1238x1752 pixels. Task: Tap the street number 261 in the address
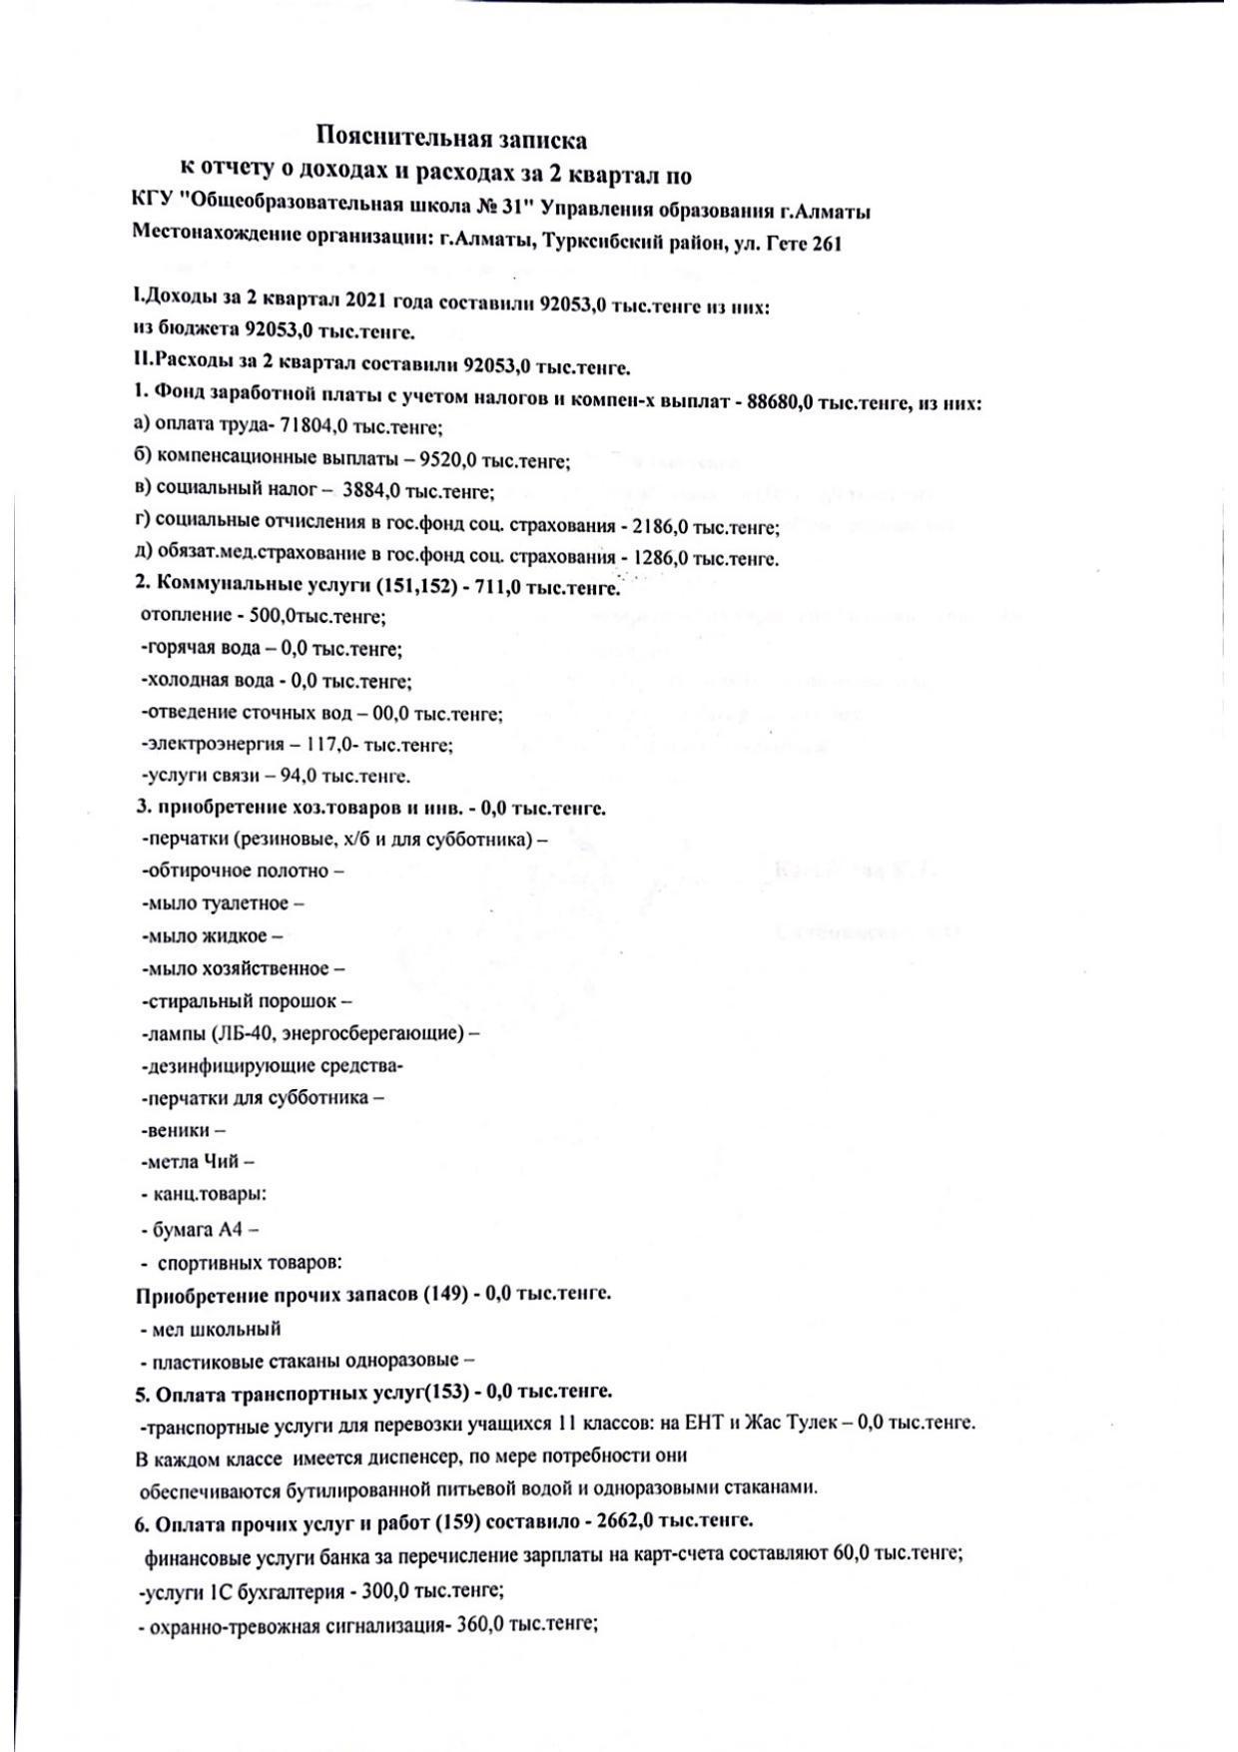click(x=827, y=244)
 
